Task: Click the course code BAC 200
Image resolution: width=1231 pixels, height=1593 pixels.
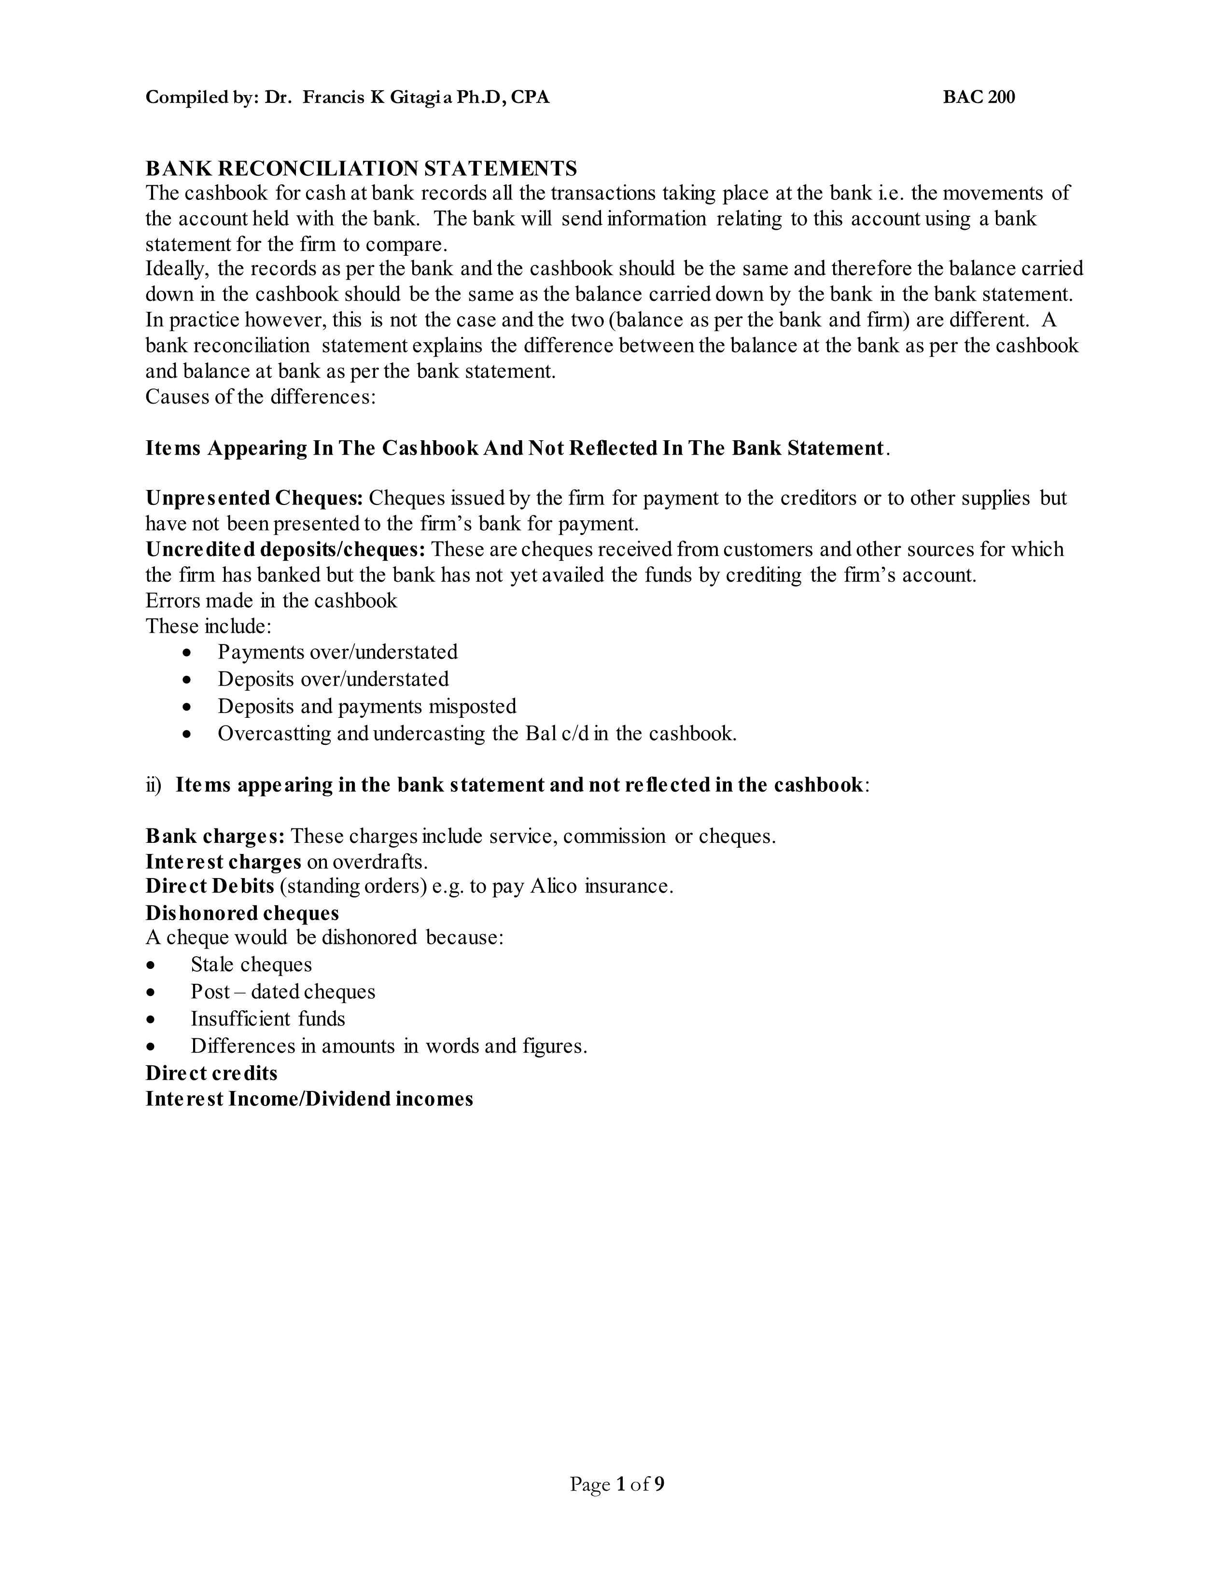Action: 978,97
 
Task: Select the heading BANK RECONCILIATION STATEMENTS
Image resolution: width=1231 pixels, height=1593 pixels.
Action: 361,168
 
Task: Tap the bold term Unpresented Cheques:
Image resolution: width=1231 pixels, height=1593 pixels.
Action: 254,498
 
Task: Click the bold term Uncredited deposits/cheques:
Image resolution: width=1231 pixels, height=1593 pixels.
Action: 285,549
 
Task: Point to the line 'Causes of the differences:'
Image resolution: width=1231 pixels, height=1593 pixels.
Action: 260,397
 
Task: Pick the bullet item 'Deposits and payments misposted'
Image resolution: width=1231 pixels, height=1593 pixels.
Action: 366,706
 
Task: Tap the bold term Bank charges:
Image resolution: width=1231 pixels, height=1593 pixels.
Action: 214,836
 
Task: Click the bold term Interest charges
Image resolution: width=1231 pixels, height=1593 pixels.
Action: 223,861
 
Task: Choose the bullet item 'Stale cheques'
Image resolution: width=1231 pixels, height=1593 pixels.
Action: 251,964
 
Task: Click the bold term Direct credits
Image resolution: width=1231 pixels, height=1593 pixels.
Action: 211,1073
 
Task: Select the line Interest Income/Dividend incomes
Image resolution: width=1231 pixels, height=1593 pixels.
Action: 309,1099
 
